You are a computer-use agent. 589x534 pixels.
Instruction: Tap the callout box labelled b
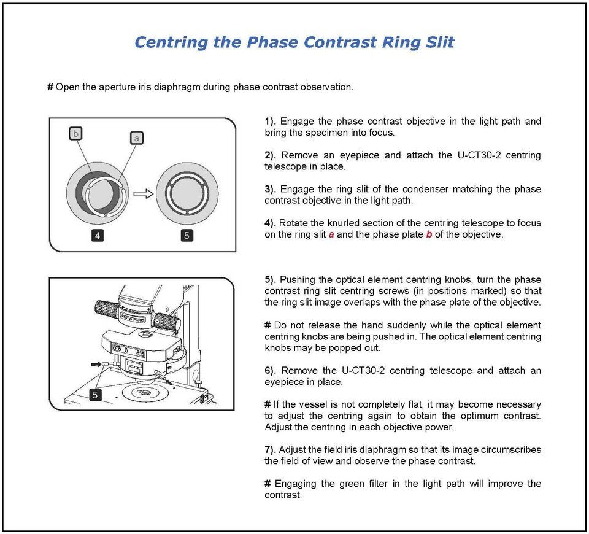point(76,133)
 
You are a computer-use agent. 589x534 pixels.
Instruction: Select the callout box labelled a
point(137,138)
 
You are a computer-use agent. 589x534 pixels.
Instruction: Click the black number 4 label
point(98,236)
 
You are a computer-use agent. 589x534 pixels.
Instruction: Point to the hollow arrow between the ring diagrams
point(144,193)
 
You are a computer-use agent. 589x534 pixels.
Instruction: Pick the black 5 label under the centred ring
point(187,236)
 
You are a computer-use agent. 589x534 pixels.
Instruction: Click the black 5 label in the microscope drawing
point(95,395)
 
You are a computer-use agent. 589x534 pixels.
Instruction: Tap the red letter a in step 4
point(331,234)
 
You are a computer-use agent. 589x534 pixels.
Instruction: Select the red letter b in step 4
point(429,234)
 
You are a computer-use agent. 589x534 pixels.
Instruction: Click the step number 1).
point(270,122)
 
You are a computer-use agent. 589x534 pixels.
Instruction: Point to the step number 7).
point(270,450)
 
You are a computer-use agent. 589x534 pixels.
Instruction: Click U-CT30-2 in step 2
point(479,155)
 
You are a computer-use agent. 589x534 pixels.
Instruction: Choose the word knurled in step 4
point(343,223)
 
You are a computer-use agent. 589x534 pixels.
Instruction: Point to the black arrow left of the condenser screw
point(96,364)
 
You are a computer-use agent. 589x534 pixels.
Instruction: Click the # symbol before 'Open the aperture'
point(50,87)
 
